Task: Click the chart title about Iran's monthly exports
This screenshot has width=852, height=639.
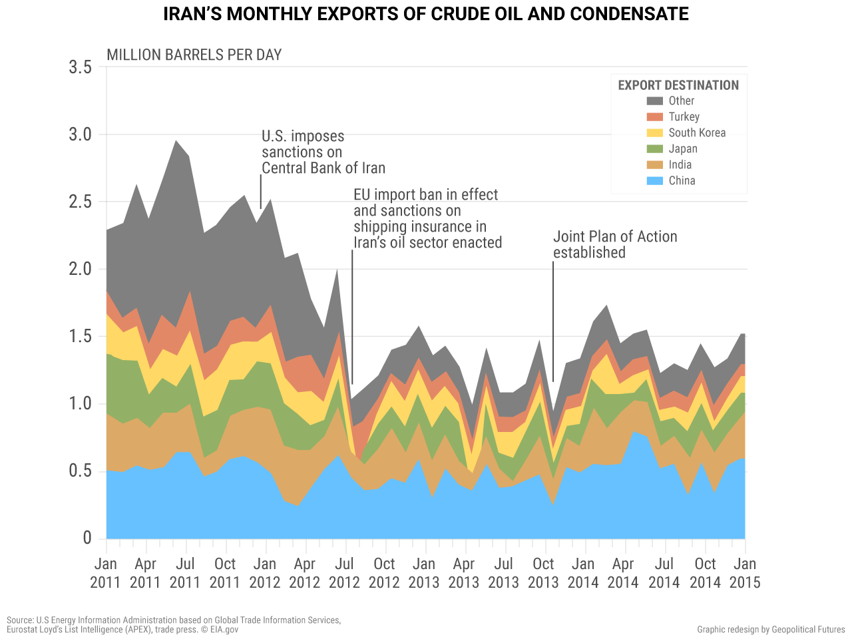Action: click(426, 14)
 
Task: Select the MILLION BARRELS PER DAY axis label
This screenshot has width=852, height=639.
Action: click(194, 55)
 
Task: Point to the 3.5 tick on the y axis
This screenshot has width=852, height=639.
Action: click(80, 67)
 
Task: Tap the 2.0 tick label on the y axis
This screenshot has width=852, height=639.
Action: click(80, 269)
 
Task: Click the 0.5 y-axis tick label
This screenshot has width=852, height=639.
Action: click(80, 471)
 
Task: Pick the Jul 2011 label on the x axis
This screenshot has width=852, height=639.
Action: click(184, 572)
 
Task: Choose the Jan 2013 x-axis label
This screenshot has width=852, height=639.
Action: click(423, 572)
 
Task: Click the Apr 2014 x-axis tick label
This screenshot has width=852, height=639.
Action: click(622, 572)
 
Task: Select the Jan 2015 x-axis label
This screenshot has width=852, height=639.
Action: click(744, 572)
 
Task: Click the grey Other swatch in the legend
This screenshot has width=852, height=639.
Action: click(655, 101)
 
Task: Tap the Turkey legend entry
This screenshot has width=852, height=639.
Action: click(684, 117)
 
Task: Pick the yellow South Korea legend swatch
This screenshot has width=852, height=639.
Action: click(655, 133)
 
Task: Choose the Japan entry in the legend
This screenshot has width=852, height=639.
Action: click(683, 149)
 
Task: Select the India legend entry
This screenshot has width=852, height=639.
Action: click(680, 165)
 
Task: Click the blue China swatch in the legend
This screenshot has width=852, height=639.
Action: click(655, 181)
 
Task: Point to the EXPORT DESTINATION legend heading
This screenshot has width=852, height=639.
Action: click(678, 85)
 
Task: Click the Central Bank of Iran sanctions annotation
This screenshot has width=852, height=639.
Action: click(323, 152)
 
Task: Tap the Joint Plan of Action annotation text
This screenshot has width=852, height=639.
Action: click(615, 244)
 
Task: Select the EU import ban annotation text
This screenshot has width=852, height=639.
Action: click(427, 218)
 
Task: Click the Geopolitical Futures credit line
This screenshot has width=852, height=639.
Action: click(771, 630)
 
